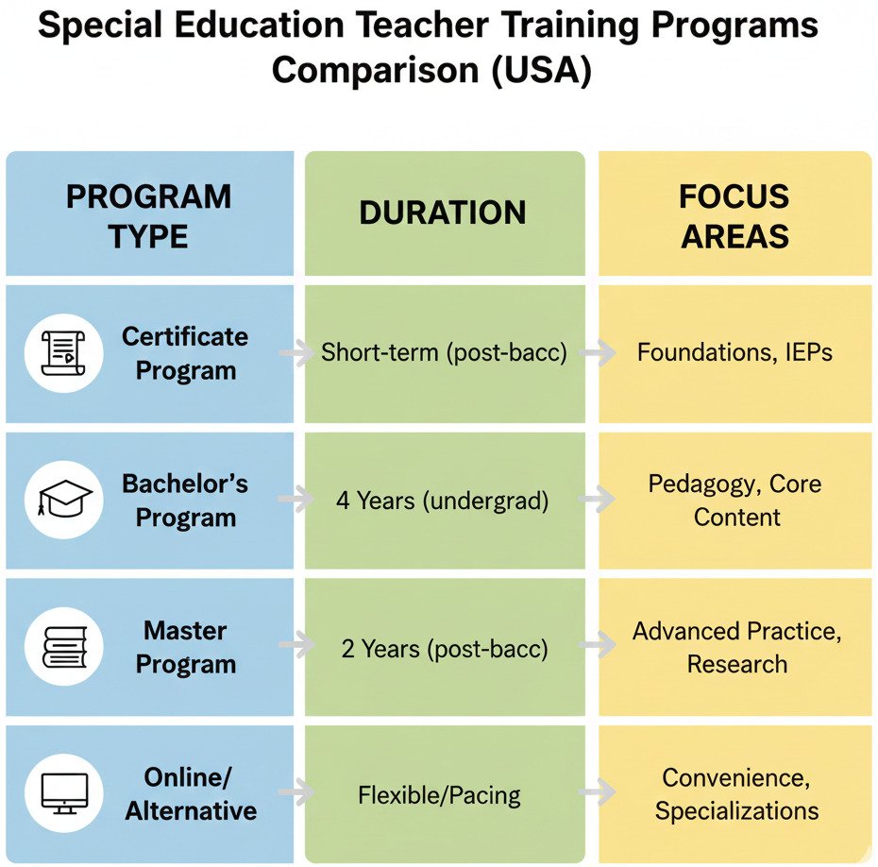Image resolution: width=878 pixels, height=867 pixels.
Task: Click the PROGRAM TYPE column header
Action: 148,216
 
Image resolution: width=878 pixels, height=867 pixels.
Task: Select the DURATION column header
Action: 443,212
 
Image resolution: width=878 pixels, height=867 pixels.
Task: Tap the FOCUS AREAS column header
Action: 734,216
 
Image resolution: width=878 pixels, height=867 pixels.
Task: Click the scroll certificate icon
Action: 63,353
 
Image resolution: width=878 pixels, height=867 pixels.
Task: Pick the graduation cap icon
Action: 63,500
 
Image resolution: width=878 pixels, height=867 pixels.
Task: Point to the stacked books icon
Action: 63,647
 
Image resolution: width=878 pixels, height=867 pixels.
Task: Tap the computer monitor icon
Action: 63,793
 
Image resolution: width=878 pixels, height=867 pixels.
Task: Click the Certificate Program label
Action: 185,353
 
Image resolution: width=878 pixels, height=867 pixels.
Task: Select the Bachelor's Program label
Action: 185,501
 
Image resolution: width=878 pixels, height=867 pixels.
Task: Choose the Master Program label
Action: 185,647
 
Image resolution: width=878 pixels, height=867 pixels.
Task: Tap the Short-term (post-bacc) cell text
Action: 443,352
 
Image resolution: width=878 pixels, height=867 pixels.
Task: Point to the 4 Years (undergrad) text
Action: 442,501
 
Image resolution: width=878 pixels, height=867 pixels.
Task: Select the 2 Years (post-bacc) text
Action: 444,649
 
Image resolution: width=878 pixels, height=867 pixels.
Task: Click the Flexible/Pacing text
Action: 439,795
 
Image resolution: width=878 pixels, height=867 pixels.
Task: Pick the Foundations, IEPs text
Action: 734,352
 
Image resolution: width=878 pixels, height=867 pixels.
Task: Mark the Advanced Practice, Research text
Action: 736,647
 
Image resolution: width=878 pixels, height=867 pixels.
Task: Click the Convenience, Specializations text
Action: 736,794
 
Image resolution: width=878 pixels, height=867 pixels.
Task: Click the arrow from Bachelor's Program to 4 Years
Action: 295,501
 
